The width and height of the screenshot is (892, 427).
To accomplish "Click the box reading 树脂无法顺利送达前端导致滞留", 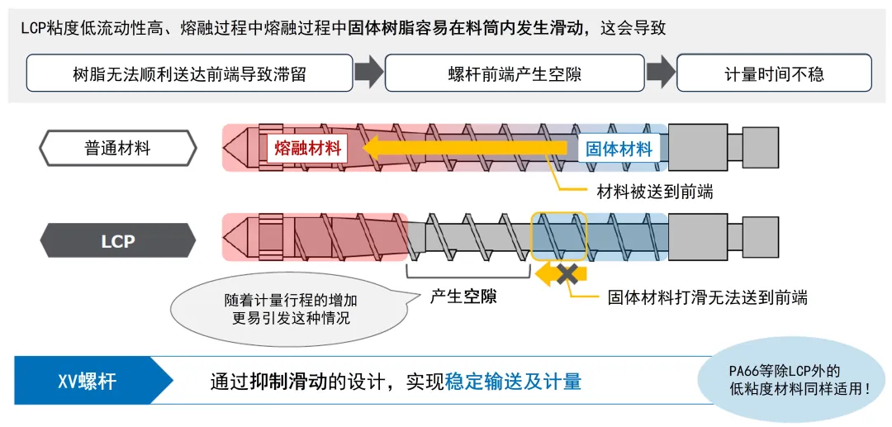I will pyautogui.click(x=189, y=74).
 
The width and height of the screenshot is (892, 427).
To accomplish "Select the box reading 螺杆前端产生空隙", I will pyautogui.click(x=515, y=74).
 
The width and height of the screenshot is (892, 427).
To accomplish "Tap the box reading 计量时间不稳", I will pyautogui.click(x=774, y=74).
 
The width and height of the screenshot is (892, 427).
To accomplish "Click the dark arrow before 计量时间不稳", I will pyautogui.click(x=661, y=73).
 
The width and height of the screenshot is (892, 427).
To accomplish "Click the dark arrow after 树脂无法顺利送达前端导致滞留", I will pyautogui.click(x=368, y=73).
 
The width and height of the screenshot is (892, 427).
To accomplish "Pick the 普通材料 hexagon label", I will pyautogui.click(x=118, y=149).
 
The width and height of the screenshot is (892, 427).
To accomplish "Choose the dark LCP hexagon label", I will pyautogui.click(x=118, y=242).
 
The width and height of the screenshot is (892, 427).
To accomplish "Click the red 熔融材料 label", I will pyautogui.click(x=305, y=149).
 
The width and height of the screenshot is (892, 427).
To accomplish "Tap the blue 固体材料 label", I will pyautogui.click(x=619, y=149).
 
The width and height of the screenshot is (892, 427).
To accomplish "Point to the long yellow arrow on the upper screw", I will pyautogui.click(x=463, y=149).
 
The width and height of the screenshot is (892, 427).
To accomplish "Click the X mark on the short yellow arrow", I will pyautogui.click(x=567, y=273).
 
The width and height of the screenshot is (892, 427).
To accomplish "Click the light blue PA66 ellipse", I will pyautogui.click(x=785, y=379).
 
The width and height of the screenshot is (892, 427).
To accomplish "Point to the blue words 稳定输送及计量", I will pyautogui.click(x=513, y=382).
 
